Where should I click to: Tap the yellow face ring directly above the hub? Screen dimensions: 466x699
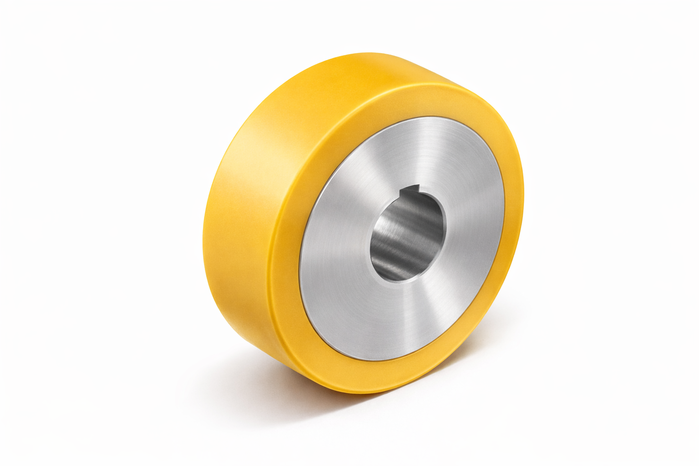pos(410,100)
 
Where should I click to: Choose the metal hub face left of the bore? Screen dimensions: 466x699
pos(337,255)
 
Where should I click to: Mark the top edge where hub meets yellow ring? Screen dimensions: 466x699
pos(419,117)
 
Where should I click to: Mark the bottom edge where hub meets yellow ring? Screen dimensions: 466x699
pos(378,360)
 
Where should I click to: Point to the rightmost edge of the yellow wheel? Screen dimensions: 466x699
pos(524,191)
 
